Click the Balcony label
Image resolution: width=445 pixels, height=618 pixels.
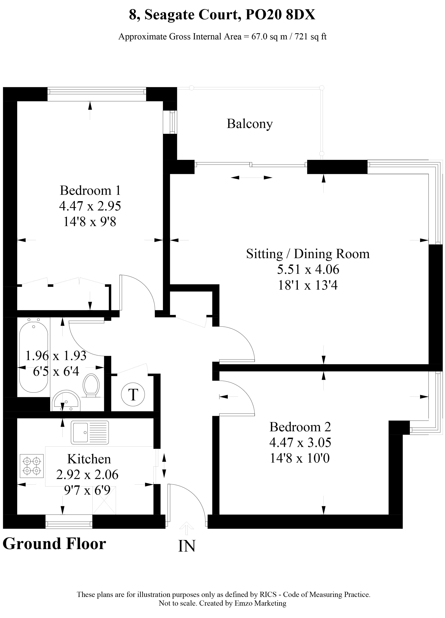(x=249, y=124)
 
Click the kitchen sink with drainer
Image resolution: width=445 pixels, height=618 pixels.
(x=90, y=432)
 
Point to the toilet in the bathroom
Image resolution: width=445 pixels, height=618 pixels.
(x=91, y=385)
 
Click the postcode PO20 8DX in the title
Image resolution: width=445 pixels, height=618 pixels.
(x=280, y=15)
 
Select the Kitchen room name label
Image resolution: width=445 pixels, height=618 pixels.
(x=89, y=459)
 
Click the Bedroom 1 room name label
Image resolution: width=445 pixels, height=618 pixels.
(x=90, y=190)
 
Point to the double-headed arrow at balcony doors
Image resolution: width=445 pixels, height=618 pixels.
(x=251, y=178)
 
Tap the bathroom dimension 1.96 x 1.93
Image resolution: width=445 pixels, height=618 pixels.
(x=56, y=356)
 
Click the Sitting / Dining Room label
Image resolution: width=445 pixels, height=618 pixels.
(x=308, y=254)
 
